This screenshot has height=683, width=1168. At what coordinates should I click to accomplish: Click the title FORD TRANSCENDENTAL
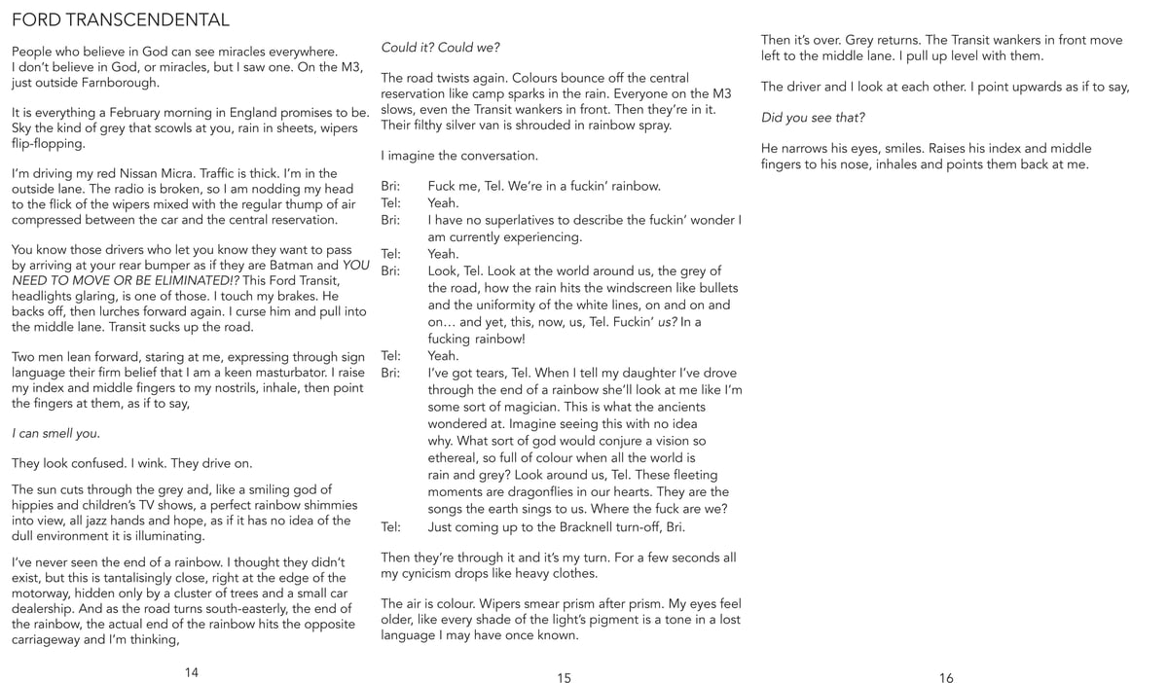(x=121, y=19)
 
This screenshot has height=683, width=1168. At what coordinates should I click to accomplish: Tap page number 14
(x=191, y=671)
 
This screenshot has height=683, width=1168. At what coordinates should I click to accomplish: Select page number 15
(x=565, y=679)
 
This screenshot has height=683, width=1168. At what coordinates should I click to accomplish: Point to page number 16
(x=946, y=679)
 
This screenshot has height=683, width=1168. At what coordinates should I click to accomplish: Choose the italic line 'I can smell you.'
(x=55, y=433)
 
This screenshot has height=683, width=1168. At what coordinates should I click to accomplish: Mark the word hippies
(x=36, y=505)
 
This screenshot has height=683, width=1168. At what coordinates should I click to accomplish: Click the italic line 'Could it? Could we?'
(x=440, y=48)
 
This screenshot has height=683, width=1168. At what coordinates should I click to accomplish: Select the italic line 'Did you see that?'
(x=813, y=118)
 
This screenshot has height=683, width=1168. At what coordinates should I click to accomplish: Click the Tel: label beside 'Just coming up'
(x=391, y=527)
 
